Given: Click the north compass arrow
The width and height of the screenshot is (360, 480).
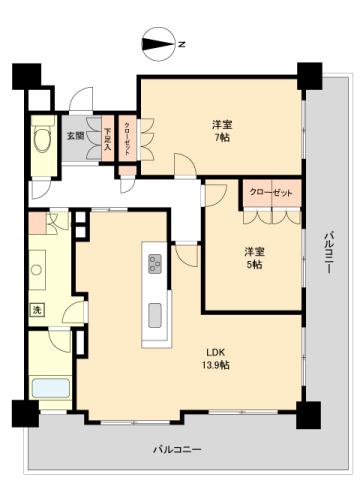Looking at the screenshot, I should [160, 43].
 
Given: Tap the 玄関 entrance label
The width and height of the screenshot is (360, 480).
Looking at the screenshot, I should [75, 136].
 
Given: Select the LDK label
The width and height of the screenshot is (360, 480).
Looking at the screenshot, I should [216, 353].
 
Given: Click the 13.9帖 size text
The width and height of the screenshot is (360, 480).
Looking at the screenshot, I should [218, 366].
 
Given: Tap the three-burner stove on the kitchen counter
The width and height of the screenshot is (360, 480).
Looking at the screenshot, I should [156, 263].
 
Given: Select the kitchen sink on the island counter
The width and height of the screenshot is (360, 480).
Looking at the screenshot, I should [157, 314].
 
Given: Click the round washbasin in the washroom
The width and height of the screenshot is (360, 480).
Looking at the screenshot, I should [40, 270].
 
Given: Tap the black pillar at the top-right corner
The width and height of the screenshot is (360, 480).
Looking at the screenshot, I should [309, 74].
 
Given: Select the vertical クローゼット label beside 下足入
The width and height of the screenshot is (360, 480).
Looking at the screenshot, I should [128, 136].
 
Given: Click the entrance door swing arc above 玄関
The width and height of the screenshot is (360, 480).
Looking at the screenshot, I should [83, 101].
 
